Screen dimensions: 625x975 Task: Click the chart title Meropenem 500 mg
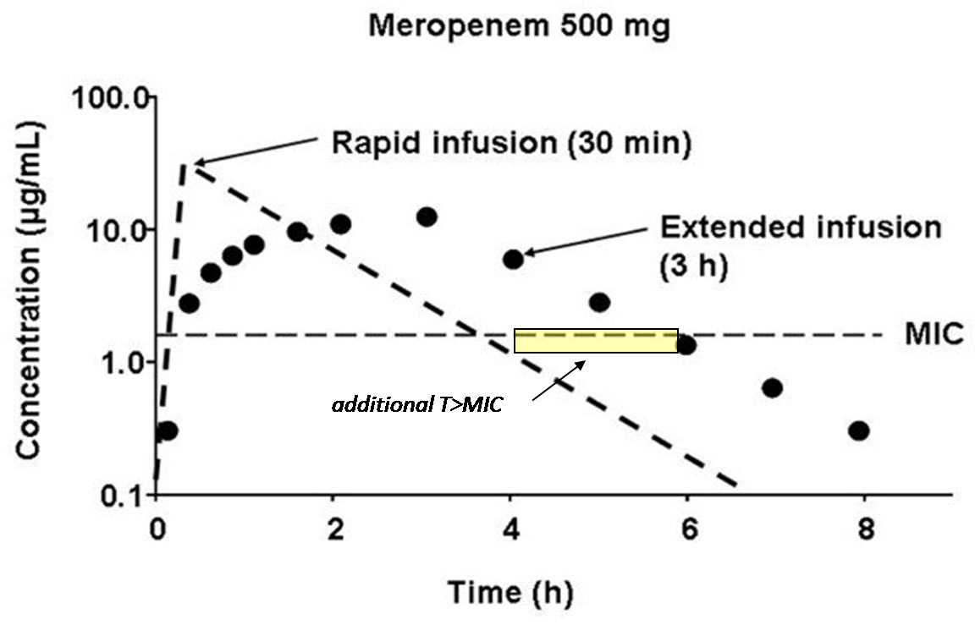point(520,27)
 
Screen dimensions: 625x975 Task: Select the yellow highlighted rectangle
point(596,341)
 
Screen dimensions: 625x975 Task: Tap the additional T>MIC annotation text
point(416,406)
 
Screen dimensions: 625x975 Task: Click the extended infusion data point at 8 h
point(858,430)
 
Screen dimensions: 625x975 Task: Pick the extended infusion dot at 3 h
point(427,217)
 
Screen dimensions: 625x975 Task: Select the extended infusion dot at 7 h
point(771,388)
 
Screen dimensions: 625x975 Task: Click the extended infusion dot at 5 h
point(598,302)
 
